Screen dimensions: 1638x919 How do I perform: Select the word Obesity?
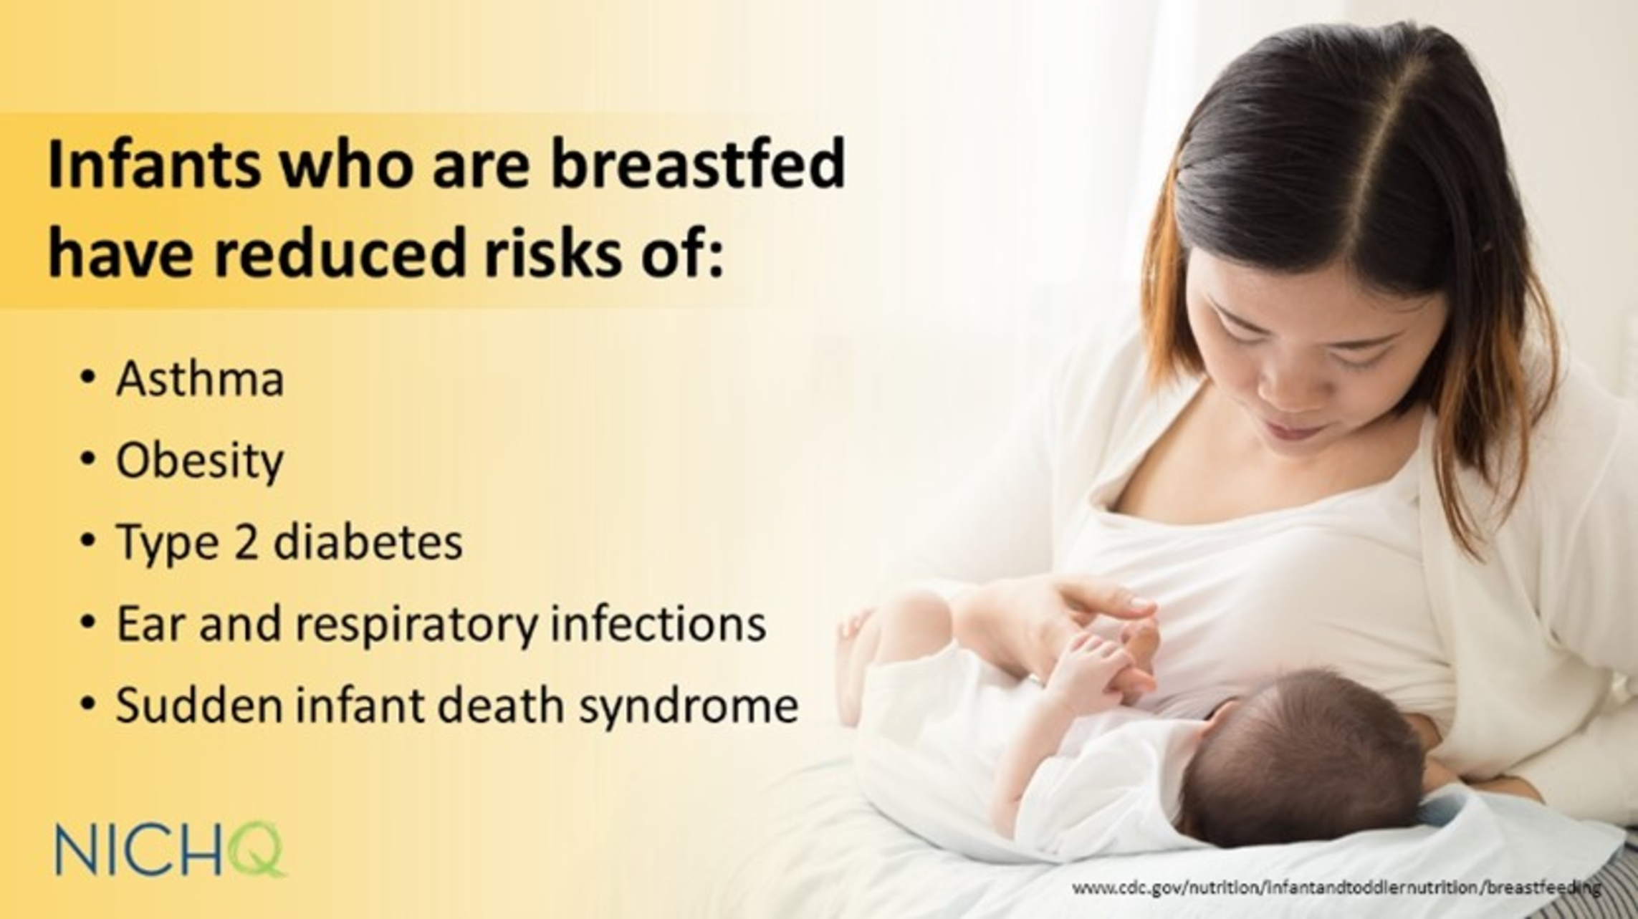200,461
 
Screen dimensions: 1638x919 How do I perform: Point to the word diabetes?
368,542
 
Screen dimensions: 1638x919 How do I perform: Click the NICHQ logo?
171,850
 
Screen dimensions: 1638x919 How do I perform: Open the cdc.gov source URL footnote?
1336,889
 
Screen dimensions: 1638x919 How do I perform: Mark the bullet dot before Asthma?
88,378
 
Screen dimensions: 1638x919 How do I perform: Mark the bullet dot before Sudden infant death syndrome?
88,705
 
